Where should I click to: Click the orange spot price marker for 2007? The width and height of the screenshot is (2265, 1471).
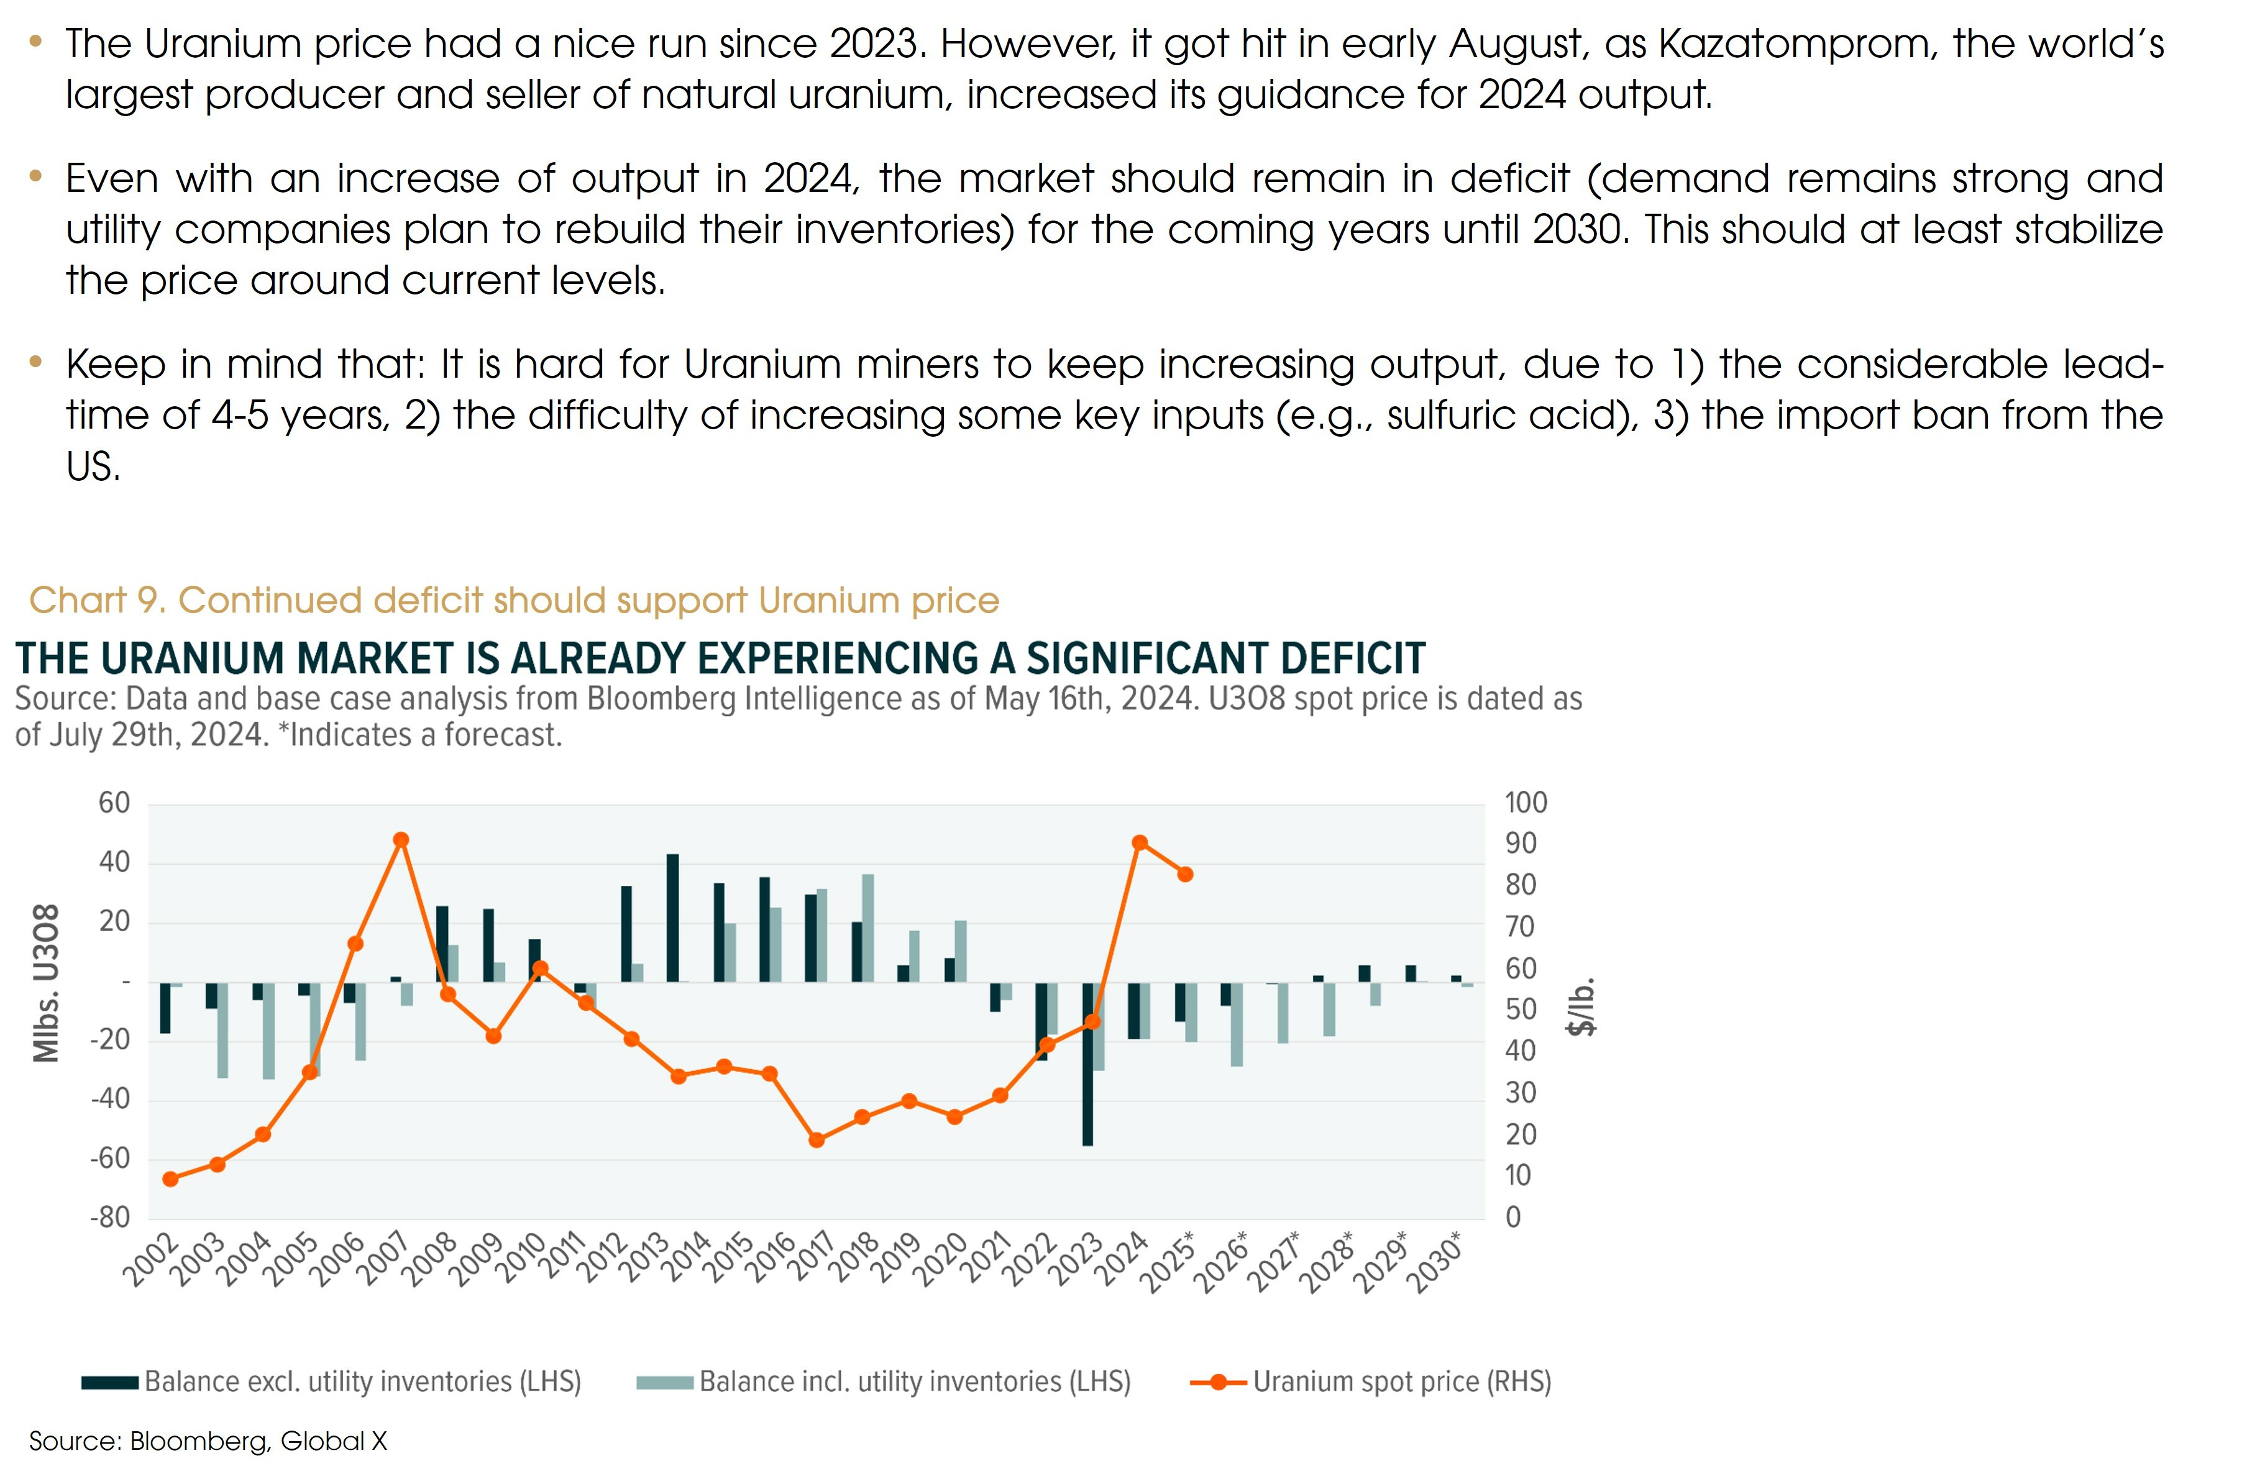[x=401, y=840]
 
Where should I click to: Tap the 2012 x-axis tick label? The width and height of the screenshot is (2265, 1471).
[x=605, y=1259]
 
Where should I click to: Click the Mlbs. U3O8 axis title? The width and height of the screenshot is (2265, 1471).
[x=47, y=983]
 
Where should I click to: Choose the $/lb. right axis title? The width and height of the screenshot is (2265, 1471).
[x=1581, y=1006]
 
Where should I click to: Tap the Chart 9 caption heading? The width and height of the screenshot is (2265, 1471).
[x=514, y=600]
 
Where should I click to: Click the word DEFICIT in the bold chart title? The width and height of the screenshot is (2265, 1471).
[x=1352, y=658]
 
